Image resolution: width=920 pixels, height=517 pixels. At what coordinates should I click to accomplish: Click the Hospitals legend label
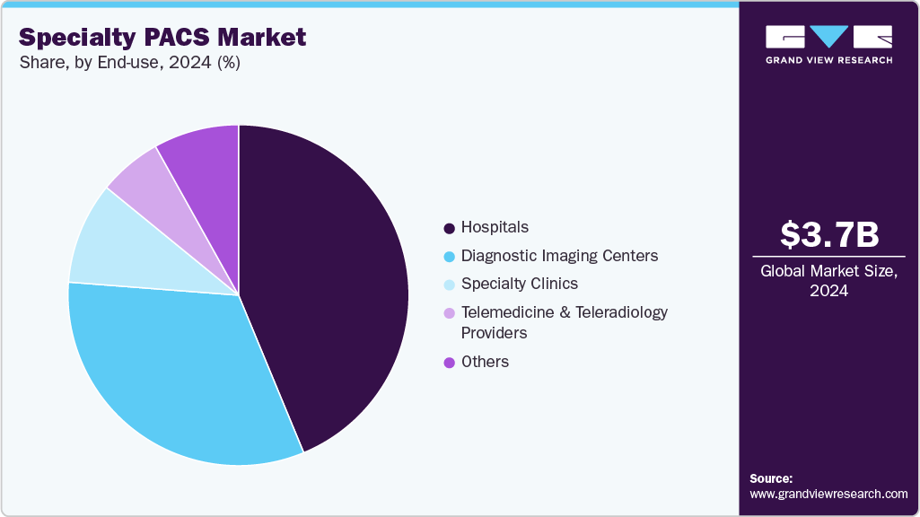pos(495,227)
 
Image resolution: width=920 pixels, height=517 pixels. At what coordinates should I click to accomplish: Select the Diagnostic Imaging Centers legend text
pos(559,256)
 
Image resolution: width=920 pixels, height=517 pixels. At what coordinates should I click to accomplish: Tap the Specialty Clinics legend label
pos(519,284)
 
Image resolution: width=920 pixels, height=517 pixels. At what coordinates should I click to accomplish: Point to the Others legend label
pos(485,362)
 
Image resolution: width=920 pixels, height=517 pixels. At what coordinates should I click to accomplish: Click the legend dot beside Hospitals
pos(449,228)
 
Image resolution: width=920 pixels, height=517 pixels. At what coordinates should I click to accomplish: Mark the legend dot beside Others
pos(449,363)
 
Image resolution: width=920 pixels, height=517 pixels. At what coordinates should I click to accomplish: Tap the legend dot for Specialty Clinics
pos(449,285)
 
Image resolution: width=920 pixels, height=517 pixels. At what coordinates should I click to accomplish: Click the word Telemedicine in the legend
pos(505,312)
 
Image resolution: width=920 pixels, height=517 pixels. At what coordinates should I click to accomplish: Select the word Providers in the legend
pos(494,333)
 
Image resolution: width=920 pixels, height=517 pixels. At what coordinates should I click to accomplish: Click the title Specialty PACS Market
pos(162,38)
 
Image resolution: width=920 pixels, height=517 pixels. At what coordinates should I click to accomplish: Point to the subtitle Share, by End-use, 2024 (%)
pos(129,63)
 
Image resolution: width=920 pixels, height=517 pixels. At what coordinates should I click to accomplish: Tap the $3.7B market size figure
pos(828,234)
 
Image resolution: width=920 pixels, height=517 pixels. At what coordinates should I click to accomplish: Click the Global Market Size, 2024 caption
pos(828,281)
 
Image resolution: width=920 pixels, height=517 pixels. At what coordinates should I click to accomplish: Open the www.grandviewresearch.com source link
pos(828,494)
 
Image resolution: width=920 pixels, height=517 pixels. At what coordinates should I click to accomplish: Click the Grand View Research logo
pos(828,44)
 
